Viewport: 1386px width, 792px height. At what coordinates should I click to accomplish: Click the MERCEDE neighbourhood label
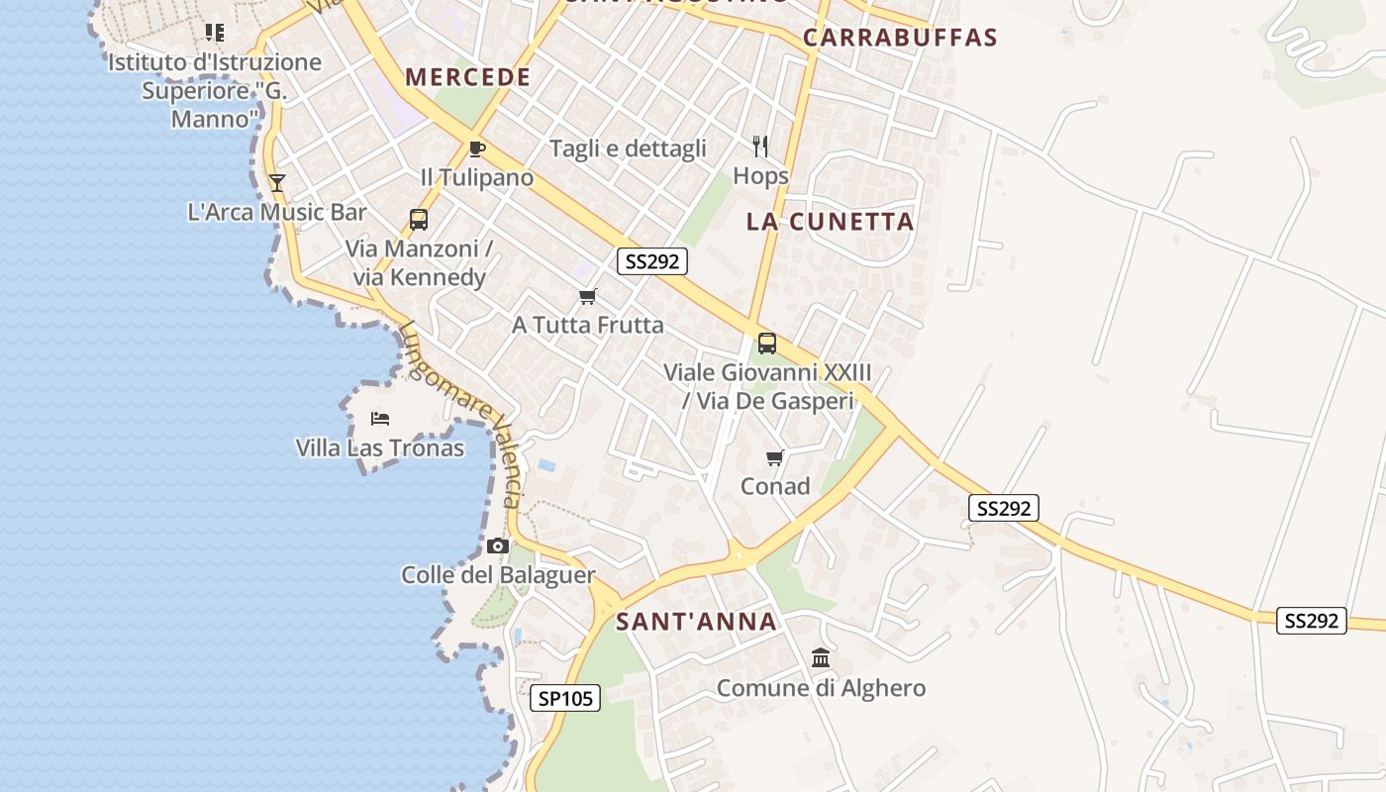467,77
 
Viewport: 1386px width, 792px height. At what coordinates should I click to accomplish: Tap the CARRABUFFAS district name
899,38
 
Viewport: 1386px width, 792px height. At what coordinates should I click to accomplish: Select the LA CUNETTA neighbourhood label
830,222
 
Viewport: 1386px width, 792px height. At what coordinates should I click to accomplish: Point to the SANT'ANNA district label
696,622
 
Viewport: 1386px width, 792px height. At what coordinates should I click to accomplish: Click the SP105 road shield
565,698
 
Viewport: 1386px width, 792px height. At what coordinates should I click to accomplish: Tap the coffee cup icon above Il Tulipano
476,148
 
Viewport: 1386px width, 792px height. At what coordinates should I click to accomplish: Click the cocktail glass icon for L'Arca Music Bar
276,182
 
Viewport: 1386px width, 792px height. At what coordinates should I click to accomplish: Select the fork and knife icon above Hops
760,147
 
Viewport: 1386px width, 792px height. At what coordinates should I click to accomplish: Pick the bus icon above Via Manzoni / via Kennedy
418,219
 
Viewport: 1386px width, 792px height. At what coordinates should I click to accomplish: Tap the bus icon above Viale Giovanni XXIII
766,344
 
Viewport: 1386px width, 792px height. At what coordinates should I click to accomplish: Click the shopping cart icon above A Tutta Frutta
588,296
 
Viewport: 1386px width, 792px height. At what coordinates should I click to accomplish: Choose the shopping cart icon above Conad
775,457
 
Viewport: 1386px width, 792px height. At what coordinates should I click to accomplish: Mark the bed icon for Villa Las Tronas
380,419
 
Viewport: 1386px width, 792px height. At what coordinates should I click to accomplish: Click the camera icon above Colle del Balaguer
498,545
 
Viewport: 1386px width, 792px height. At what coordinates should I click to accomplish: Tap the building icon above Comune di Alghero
821,657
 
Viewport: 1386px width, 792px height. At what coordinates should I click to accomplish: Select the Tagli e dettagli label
628,148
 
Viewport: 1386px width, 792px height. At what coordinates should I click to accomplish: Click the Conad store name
775,486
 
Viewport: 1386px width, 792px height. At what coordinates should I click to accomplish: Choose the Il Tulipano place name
476,178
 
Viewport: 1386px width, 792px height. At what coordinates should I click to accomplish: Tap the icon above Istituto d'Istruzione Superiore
214,33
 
